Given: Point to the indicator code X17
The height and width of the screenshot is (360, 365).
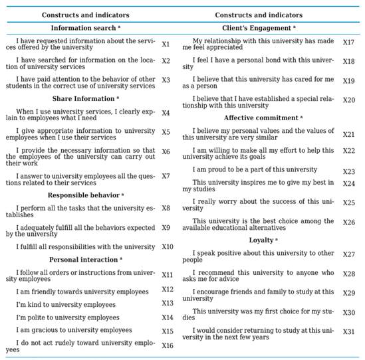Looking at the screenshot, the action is [x=348, y=43].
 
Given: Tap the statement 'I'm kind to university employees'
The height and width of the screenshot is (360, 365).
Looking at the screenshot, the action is [x=66, y=304].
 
